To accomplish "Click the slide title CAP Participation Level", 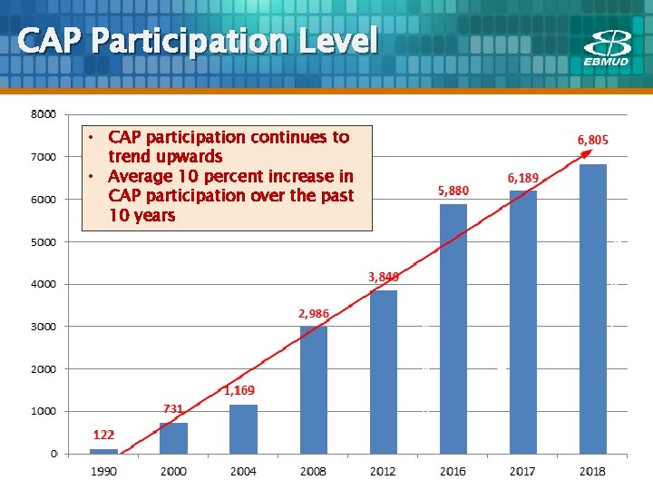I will [x=197, y=41].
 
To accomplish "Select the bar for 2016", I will [x=453, y=328].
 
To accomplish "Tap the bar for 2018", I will [x=592, y=308].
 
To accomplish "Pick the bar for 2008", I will [x=313, y=389].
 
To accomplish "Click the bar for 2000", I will [x=173, y=437].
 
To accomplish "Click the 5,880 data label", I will [x=453, y=191].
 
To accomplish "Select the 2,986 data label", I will [x=313, y=313].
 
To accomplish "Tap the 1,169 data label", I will [x=239, y=391].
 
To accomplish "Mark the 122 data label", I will [x=103, y=436].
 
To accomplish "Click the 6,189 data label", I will [x=522, y=178].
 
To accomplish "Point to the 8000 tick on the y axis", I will [x=43, y=114].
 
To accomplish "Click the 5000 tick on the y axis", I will [x=43, y=242].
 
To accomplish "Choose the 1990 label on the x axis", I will [x=103, y=471].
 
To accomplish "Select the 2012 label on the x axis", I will [x=383, y=471].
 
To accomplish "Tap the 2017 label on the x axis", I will [x=522, y=471].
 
